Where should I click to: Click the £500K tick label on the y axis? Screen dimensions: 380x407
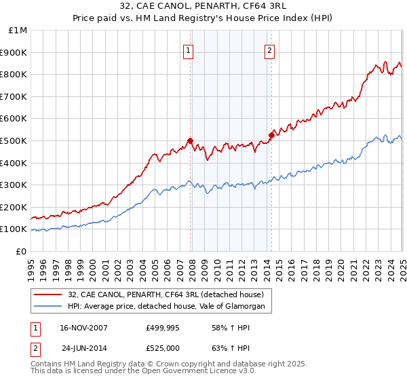coord(14,140)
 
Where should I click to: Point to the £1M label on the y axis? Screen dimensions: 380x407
coord(18,30)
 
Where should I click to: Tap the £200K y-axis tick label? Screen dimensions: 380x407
coord(14,207)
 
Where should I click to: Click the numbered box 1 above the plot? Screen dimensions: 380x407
coord(188,50)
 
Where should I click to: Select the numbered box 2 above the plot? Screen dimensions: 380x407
coord(270,50)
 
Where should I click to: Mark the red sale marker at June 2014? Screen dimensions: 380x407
coord(271,135)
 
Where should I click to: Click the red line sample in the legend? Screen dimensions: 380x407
coord(47,294)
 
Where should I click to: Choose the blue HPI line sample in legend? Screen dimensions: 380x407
coord(47,307)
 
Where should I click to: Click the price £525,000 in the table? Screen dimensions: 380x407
coord(166,348)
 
